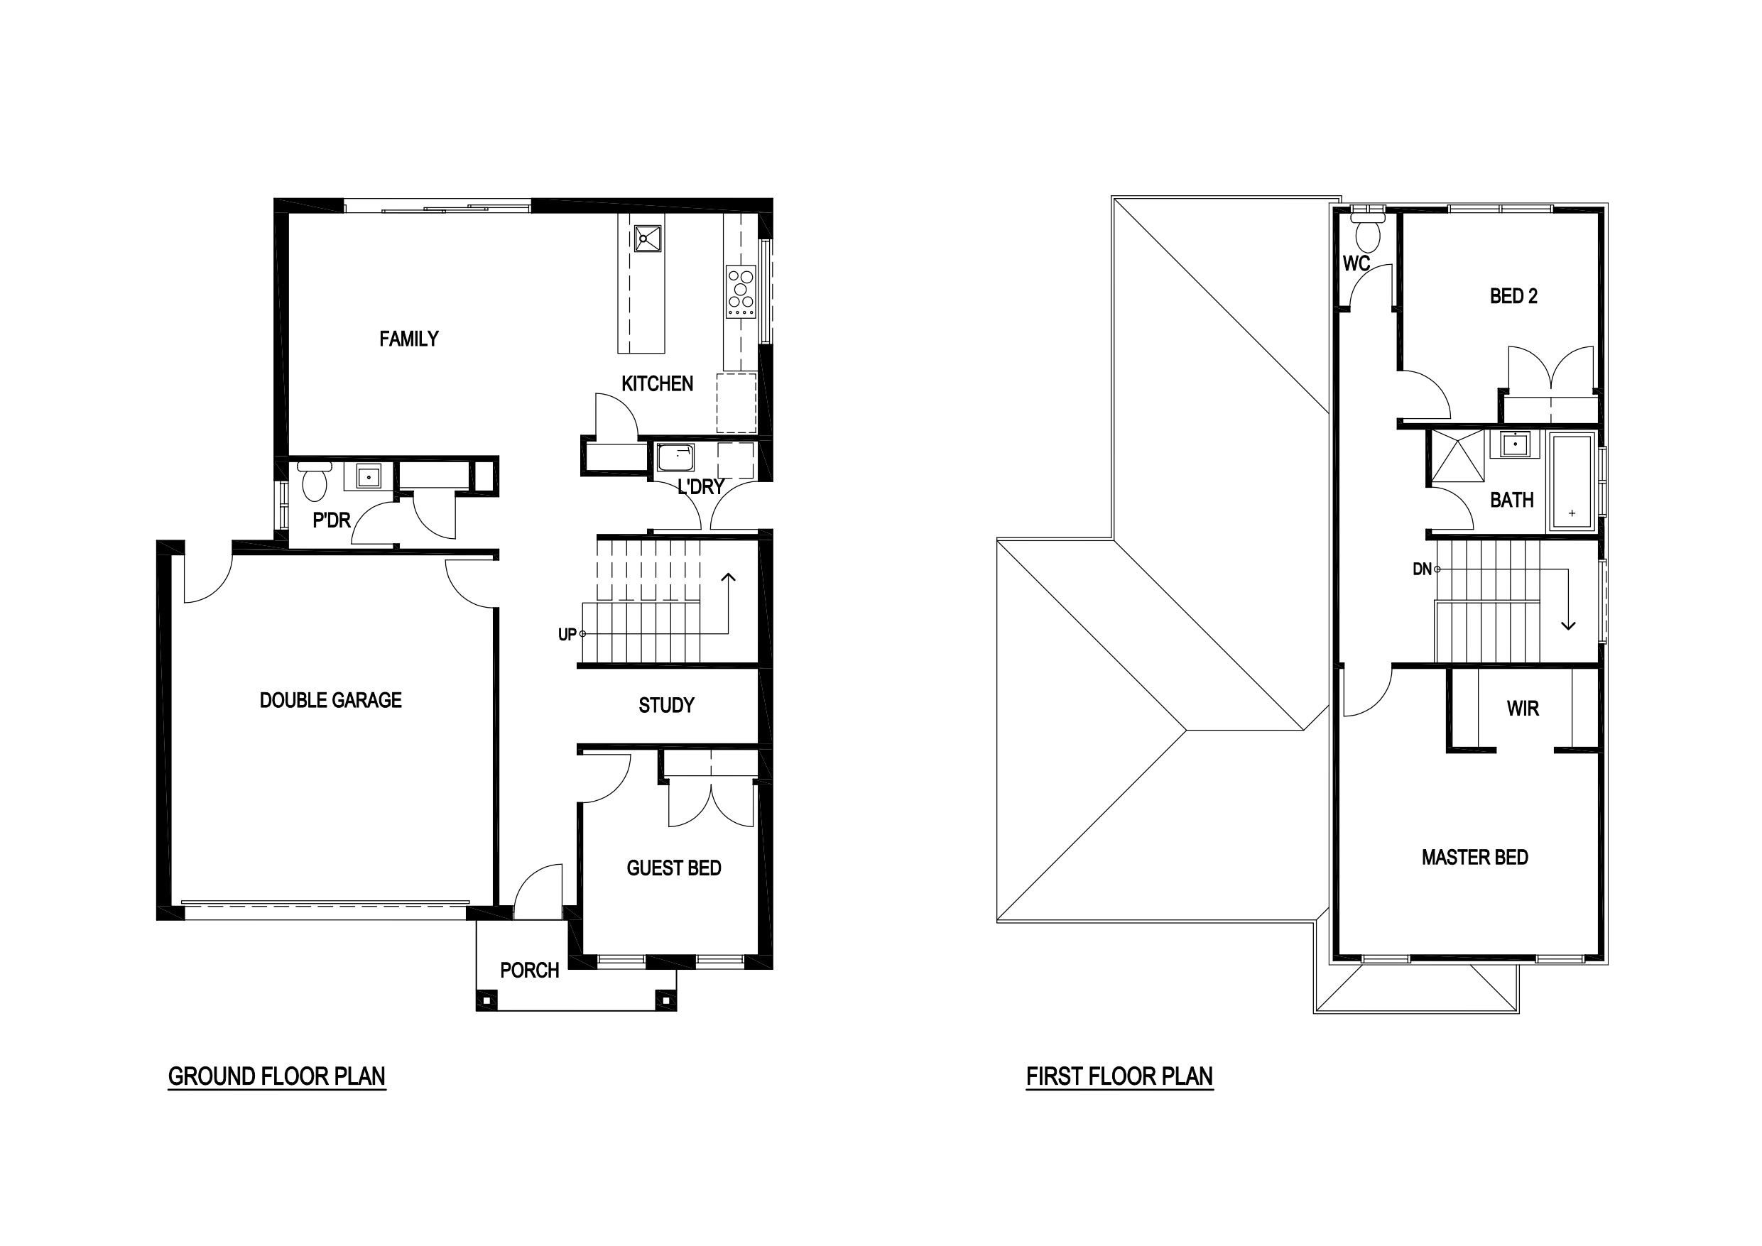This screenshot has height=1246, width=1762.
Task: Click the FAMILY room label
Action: (x=409, y=339)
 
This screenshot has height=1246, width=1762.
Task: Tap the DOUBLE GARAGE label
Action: (x=331, y=700)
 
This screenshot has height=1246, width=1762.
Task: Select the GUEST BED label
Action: (x=674, y=868)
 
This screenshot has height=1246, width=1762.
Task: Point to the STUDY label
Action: (x=666, y=705)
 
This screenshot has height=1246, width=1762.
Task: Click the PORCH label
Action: (x=530, y=971)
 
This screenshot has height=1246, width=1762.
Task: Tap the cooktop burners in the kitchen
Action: (x=741, y=292)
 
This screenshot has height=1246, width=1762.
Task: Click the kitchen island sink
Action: (x=648, y=238)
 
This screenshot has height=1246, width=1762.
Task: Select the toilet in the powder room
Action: (x=315, y=480)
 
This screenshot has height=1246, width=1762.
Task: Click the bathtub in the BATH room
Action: (x=1572, y=482)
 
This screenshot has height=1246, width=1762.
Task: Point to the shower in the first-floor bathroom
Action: (x=1457, y=456)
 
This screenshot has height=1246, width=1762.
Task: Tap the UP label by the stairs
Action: (x=567, y=635)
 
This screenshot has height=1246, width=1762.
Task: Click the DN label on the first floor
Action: (x=1422, y=569)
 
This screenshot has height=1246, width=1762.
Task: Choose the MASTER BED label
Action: (x=1475, y=857)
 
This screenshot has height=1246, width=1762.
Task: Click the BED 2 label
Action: (x=1513, y=296)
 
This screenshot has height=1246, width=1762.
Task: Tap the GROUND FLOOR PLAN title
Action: (x=276, y=1076)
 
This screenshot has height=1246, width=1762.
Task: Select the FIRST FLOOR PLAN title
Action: (x=1120, y=1076)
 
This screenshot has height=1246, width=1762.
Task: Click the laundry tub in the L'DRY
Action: (x=676, y=457)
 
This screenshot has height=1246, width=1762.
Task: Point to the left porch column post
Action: (x=486, y=1000)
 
